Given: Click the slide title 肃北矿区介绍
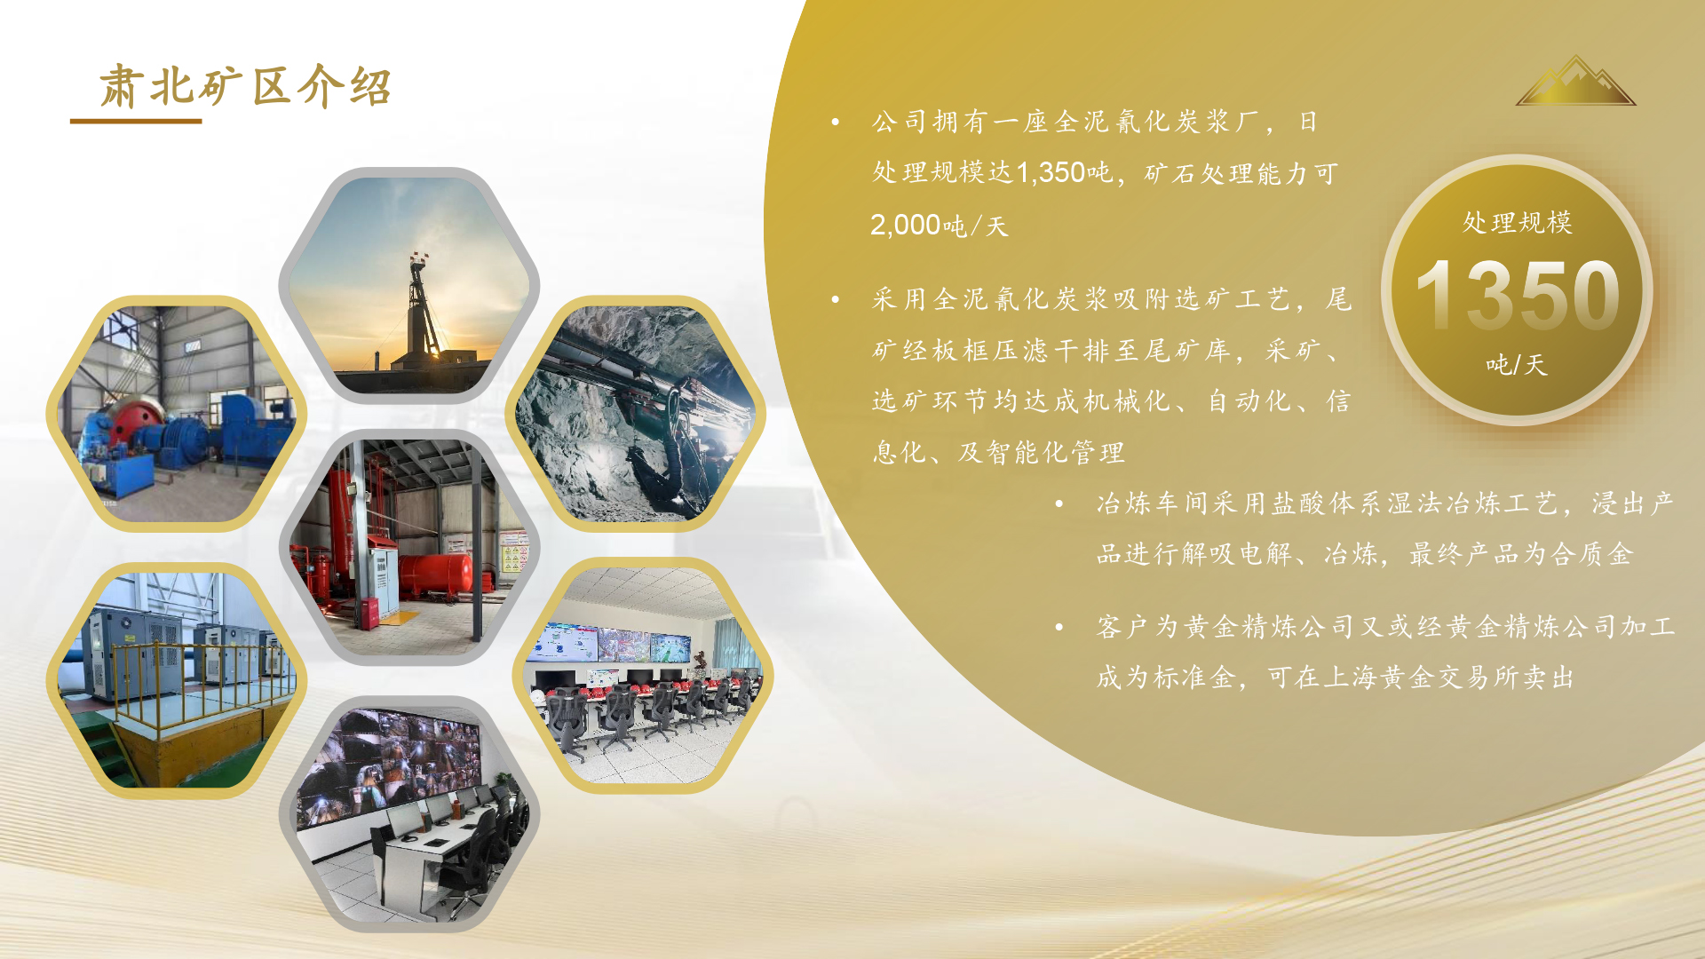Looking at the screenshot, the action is (245, 86).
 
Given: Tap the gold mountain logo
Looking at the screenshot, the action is (1575, 81).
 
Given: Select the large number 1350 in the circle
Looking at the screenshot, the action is (1518, 294).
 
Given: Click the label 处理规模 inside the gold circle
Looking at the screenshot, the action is (1517, 222).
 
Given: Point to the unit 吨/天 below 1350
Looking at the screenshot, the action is (1517, 364).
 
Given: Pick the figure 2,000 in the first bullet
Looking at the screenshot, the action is (905, 225).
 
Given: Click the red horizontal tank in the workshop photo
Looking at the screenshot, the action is (434, 575).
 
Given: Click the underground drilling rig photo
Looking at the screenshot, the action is (636, 414).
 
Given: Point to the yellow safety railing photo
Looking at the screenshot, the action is (177, 680).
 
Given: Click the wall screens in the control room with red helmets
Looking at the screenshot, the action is (609, 644).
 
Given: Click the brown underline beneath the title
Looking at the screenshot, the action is (136, 121).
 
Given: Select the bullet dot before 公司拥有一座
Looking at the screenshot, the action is (836, 122).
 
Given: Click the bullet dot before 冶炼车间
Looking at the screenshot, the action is (1059, 504).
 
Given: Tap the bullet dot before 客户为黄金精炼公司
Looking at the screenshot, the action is (1059, 628).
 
